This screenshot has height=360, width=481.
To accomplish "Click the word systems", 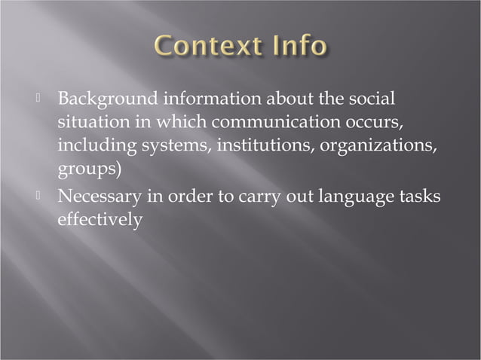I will [x=173, y=145].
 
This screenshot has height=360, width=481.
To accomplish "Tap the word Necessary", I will [x=99, y=197].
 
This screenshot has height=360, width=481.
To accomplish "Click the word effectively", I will [x=100, y=220].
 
